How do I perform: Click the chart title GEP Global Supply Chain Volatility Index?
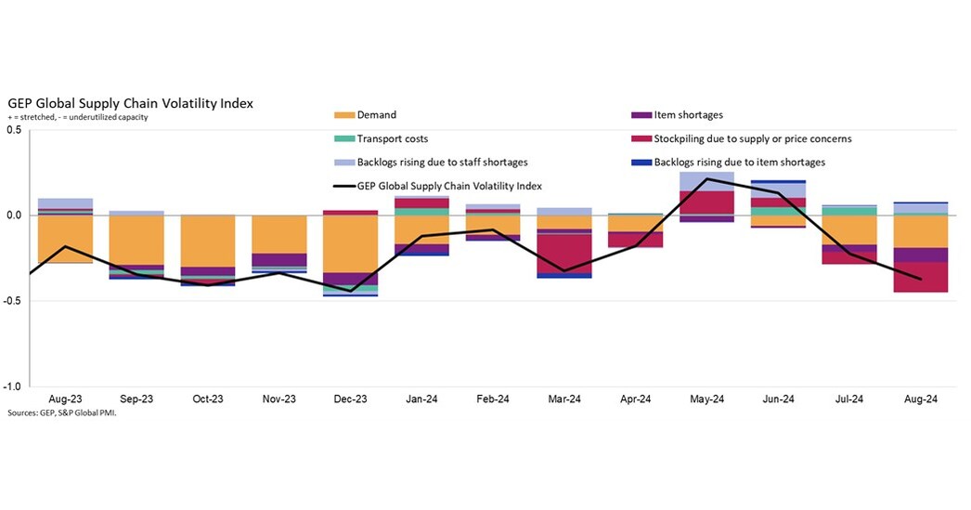coord(130,103)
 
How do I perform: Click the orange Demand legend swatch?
coord(343,115)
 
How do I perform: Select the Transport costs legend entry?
coord(392,139)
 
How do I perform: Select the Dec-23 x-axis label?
coord(350,399)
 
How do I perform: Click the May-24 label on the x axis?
coord(706,399)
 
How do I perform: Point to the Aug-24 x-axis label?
coord(920,399)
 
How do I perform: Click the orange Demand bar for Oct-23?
coord(208,242)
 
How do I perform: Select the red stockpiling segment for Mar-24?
coord(564,254)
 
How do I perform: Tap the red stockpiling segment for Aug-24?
coord(920,277)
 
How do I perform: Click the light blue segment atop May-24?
coord(706,181)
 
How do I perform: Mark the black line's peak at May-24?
coord(706,179)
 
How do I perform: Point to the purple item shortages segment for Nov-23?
coord(279,260)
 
